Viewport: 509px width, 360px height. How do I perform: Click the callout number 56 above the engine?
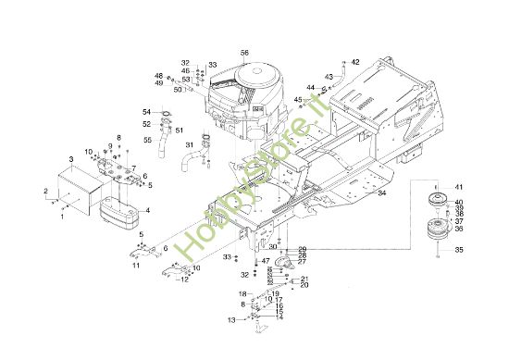244,53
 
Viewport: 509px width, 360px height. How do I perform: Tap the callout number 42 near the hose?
355,62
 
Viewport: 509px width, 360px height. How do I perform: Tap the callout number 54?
146,112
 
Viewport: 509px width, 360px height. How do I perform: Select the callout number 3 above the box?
73,161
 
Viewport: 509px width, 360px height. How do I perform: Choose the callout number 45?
299,99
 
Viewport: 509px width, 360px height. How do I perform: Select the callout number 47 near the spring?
267,261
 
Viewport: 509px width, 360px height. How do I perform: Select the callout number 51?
179,130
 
